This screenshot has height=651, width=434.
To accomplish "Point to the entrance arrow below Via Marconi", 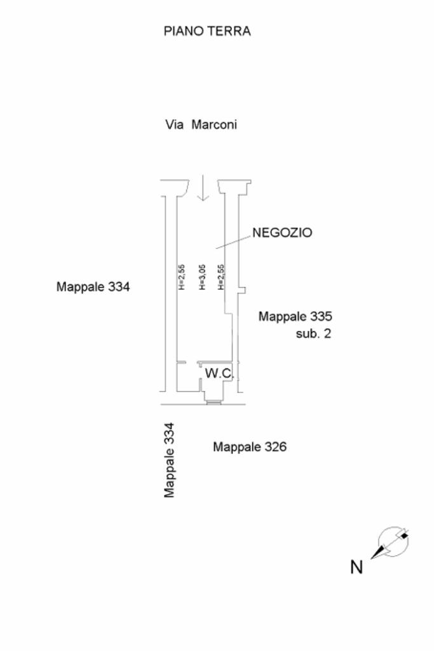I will [x=203, y=189].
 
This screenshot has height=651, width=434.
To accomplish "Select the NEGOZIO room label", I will [x=282, y=233].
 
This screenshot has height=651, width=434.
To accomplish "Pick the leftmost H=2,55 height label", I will [x=181, y=278].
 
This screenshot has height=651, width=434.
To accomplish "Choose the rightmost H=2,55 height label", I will [x=220, y=278].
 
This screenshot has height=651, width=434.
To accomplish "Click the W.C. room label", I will [x=219, y=373].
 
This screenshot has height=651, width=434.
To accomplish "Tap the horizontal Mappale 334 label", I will [x=93, y=286].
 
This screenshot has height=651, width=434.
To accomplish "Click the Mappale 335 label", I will [x=295, y=316].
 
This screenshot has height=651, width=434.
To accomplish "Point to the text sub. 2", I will [x=313, y=333].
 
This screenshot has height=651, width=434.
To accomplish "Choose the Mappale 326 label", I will [x=250, y=447].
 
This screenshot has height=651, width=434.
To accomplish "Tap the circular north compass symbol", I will [x=392, y=542].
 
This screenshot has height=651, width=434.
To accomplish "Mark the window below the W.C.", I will [x=214, y=401].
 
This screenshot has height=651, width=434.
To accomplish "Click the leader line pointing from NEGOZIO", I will [x=233, y=241].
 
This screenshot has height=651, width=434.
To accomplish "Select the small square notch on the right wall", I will [x=241, y=290].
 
